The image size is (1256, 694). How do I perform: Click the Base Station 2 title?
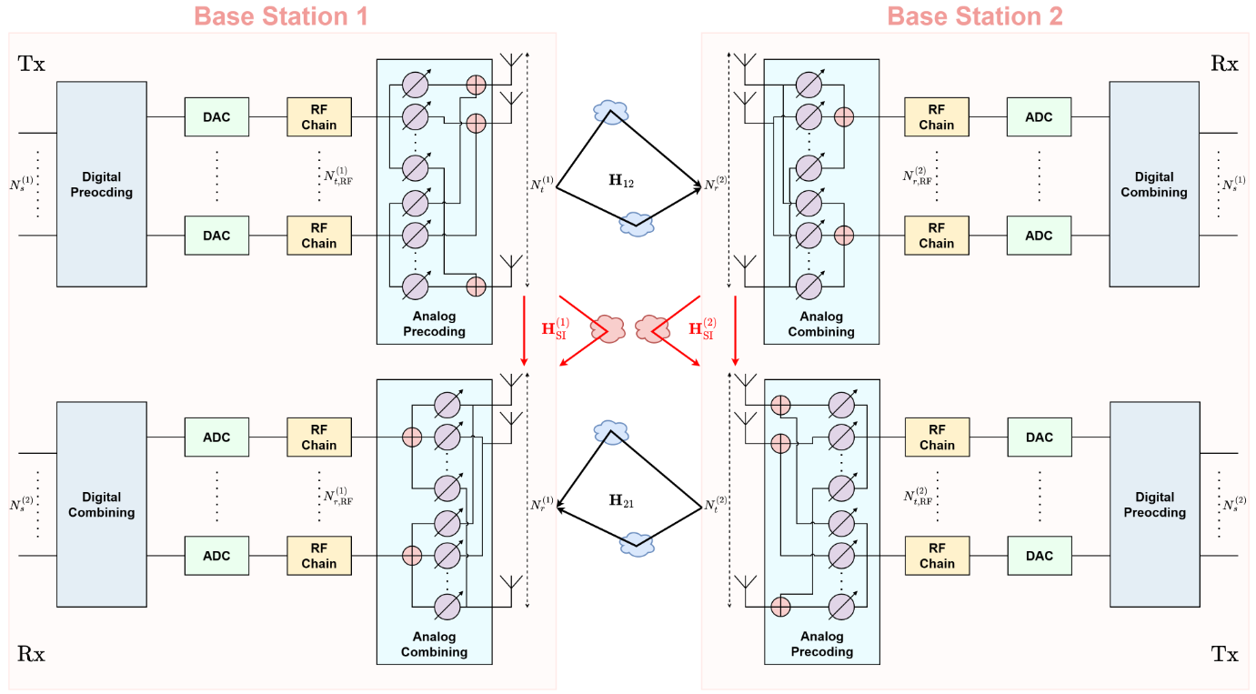(974, 15)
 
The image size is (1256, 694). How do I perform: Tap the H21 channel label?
(621, 499)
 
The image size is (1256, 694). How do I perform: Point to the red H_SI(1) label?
(556, 328)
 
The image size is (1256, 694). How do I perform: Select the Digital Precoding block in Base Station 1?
(101, 184)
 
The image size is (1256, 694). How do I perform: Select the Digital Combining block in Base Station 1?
(101, 504)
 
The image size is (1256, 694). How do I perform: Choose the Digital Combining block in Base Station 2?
(1153, 184)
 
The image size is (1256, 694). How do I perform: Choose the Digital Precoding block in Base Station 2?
(1153, 504)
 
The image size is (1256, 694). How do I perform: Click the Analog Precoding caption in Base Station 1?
(434, 324)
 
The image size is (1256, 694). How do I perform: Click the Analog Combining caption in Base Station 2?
(821, 324)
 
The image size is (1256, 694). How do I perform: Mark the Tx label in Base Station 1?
(31, 64)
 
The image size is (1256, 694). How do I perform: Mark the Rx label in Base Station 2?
(1224, 64)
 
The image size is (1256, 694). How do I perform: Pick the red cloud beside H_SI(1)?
(607, 326)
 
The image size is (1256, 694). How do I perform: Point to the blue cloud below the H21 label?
(636, 544)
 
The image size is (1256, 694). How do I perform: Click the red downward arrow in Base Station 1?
(525, 327)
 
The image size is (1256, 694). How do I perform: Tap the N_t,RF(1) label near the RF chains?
(337, 175)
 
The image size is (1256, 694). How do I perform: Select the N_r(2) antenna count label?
(716, 185)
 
